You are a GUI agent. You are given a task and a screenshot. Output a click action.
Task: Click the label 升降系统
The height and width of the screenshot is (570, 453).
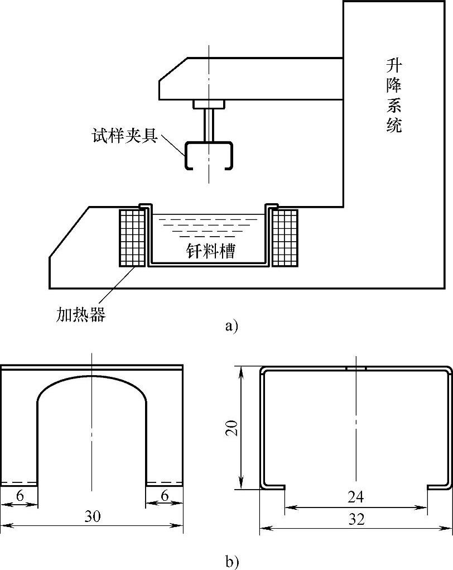394,95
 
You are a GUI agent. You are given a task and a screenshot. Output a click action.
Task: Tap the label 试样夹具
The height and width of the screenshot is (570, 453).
124,136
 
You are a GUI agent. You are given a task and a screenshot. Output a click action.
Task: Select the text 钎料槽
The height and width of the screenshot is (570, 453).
210,252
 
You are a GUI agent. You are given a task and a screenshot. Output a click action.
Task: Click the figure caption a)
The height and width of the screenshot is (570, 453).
232,325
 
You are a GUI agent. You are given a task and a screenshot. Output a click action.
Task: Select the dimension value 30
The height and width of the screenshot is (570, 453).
93,516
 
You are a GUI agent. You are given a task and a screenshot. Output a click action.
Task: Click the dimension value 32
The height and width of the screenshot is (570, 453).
356,519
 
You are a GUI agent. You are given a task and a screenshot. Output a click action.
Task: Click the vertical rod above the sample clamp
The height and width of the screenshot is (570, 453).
209,124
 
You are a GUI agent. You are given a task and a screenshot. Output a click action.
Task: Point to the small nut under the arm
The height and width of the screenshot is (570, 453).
209,104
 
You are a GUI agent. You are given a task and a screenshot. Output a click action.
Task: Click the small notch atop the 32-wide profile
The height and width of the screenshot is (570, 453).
356,368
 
